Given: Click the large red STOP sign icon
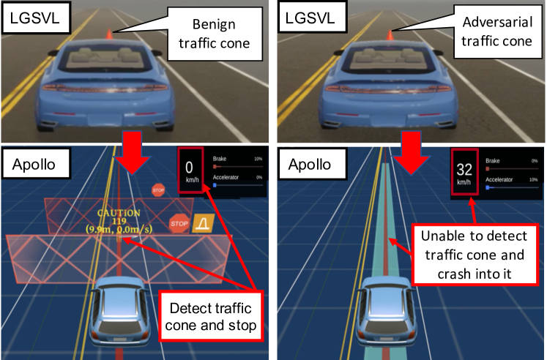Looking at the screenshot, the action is pos(179,222).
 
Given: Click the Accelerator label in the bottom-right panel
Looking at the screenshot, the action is pos(504,178).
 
